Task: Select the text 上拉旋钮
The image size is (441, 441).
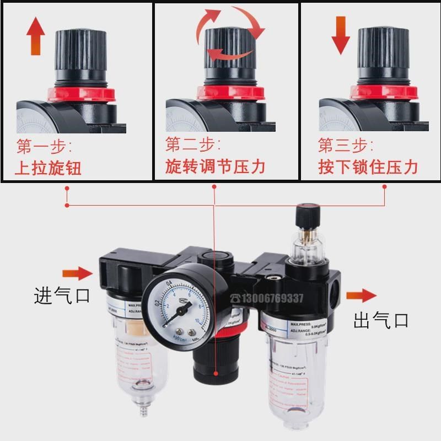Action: click(x=48, y=167)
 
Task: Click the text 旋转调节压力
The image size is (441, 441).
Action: click(x=216, y=166)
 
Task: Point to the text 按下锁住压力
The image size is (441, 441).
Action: click(x=368, y=166)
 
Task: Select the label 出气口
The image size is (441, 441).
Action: click(x=381, y=320)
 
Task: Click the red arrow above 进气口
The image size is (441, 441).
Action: click(x=77, y=273)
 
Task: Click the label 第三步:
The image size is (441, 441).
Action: click(x=345, y=147)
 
